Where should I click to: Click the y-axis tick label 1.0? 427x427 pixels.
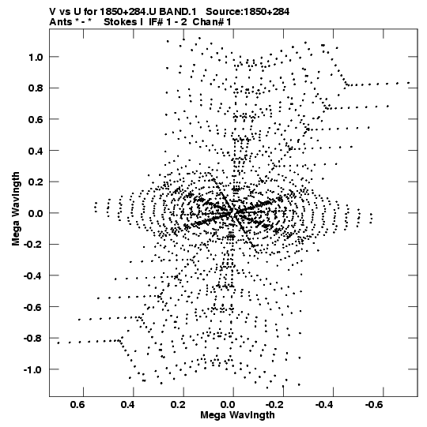click(x=36, y=57)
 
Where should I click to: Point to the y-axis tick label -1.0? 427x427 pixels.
click(x=33, y=369)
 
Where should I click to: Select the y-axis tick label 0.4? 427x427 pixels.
click(x=36, y=151)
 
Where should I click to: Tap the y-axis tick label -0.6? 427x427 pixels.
click(x=33, y=307)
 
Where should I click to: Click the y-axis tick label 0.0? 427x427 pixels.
click(x=36, y=213)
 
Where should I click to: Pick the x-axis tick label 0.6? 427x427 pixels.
click(x=77, y=405)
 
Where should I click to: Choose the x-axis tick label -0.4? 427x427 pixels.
click(x=325, y=405)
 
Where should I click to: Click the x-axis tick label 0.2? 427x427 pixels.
click(x=178, y=405)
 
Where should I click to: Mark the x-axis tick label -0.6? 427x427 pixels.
click(x=375, y=405)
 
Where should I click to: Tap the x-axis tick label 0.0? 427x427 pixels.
click(x=228, y=405)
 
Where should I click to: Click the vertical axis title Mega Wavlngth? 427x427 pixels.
click(x=16, y=209)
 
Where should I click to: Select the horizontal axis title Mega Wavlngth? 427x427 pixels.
click(x=237, y=415)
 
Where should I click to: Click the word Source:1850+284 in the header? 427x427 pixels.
click(x=248, y=12)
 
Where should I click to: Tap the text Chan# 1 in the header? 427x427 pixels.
click(x=212, y=22)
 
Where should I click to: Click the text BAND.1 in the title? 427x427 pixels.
click(x=178, y=12)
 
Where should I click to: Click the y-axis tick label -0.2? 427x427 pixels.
click(x=33, y=245)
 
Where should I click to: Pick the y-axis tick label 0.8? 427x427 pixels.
click(x=36, y=88)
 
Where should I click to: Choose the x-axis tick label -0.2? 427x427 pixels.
click(x=275, y=405)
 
